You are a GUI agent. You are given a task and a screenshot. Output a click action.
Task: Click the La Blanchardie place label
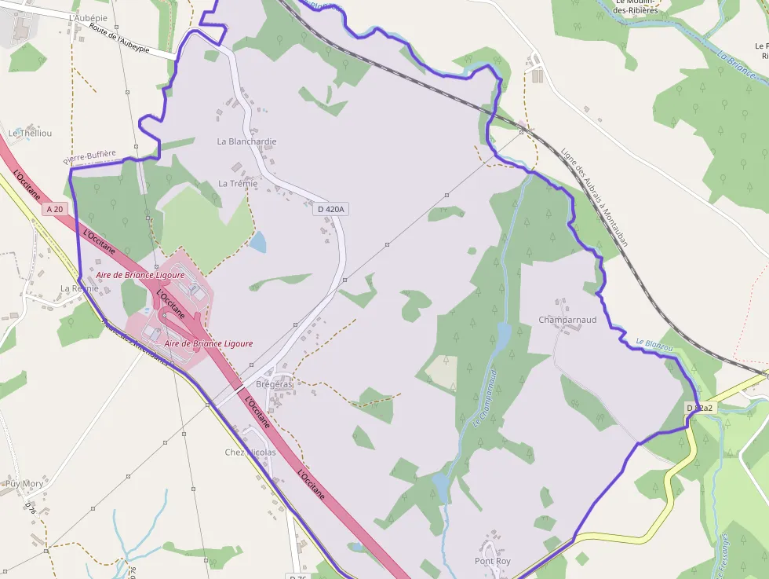click(x=246, y=141)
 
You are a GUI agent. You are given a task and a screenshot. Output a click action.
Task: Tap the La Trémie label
click(x=238, y=184)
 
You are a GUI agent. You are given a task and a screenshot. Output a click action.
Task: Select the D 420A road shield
click(x=330, y=210)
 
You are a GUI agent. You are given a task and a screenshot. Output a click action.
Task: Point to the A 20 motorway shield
click(x=54, y=209)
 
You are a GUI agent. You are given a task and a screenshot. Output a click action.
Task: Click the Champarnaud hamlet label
click(x=567, y=320)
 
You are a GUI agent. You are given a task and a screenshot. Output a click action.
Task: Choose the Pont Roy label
click(x=493, y=561)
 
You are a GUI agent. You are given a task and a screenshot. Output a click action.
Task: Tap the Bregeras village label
click(x=274, y=384)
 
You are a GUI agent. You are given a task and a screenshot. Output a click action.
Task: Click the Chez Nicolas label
click(x=250, y=453)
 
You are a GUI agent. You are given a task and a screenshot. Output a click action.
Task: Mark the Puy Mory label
click(x=24, y=484)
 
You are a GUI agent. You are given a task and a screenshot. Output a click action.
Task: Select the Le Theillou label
click(x=30, y=134)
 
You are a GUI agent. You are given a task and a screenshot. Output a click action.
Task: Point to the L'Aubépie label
click(x=87, y=17)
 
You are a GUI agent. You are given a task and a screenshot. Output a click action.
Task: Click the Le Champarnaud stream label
click(x=484, y=397)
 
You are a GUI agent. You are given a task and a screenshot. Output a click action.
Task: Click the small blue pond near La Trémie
click(x=257, y=242)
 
